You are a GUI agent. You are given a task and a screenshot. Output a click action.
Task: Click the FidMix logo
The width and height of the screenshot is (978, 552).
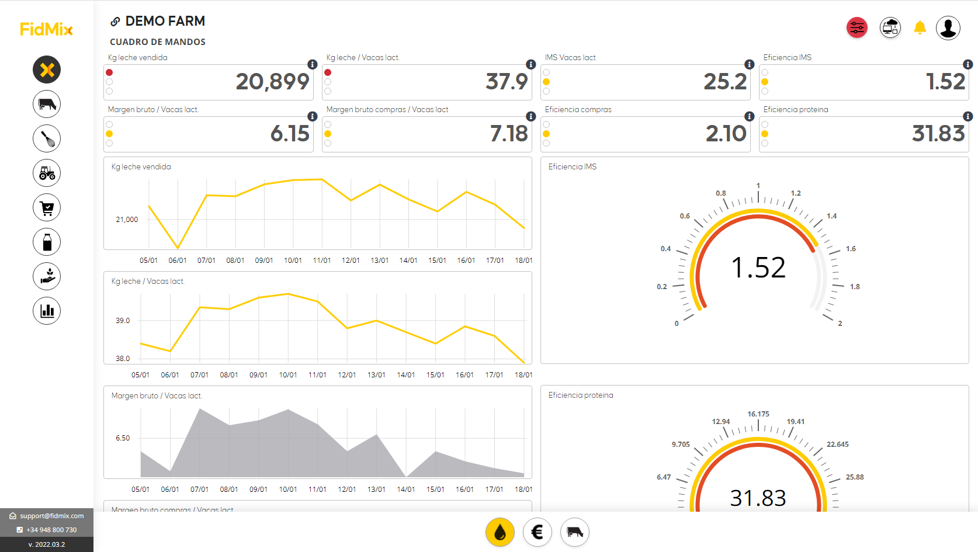click(x=46, y=29)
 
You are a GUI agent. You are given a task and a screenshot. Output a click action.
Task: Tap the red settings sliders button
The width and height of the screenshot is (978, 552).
click(x=856, y=27)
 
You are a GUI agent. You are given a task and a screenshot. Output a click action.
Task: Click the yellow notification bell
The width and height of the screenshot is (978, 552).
click(x=920, y=27)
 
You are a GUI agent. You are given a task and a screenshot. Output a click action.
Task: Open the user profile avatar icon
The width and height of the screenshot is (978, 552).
click(x=948, y=27)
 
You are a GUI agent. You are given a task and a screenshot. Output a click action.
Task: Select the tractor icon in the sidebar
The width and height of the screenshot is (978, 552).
click(x=47, y=173)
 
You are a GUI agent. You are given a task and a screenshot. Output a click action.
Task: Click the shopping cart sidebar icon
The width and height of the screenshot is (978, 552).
click(x=47, y=207)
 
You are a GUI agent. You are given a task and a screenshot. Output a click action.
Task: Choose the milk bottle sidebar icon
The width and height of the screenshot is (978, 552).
click(x=47, y=242)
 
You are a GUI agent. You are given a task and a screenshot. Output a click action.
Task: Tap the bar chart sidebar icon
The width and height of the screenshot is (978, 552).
click(x=47, y=311)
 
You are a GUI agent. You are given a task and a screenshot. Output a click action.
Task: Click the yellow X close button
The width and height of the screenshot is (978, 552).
click(x=47, y=70)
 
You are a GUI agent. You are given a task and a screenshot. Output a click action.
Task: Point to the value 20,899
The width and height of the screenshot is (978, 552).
click(x=272, y=82)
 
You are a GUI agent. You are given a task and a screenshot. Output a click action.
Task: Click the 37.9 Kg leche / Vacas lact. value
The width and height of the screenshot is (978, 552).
click(x=507, y=82)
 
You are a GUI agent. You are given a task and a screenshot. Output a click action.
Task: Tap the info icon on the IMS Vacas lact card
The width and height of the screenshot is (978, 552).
click(x=749, y=64)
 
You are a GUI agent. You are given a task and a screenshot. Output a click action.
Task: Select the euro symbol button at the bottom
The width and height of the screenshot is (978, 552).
click(x=537, y=532)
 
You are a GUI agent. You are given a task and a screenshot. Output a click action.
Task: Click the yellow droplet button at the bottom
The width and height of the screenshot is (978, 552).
click(x=500, y=532)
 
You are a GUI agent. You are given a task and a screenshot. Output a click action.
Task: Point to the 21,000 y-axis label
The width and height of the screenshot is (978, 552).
click(x=127, y=220)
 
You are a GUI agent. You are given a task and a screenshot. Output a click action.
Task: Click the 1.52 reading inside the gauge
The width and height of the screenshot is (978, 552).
click(x=758, y=268)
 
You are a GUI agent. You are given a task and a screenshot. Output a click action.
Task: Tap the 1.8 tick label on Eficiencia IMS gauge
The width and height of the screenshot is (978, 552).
click(x=855, y=287)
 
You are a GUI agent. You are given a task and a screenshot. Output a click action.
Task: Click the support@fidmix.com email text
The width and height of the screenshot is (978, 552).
click(x=51, y=516)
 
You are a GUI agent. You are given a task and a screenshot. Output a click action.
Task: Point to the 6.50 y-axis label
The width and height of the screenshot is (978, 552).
click(x=123, y=438)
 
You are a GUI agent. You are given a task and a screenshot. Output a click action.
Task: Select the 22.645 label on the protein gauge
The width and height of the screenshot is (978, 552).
click(x=837, y=445)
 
